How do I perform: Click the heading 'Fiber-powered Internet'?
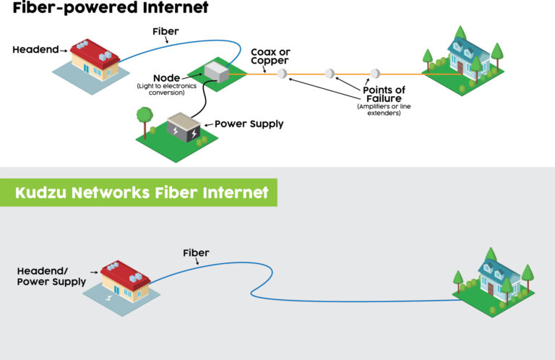click(105, 8)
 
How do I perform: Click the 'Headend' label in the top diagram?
click(35, 50)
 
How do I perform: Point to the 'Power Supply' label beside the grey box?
click(249, 124)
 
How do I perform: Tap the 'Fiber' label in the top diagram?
click(166, 32)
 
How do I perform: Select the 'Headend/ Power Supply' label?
click(51, 275)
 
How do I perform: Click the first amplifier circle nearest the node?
click(282, 74)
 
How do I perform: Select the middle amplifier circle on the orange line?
click(330, 74)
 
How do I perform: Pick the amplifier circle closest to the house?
click(374, 74)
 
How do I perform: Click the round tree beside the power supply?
click(145, 116)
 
